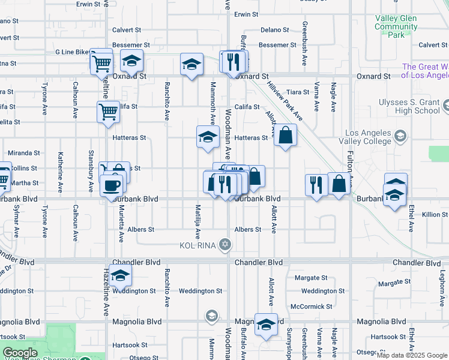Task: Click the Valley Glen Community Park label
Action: [396, 27]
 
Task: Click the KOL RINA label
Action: [197, 245]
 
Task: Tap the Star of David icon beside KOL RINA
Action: [225, 244]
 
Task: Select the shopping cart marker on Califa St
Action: [107, 110]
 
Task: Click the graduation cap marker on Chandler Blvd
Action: [121, 275]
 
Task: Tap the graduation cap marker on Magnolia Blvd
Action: [265, 323]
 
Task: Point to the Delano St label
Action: [275, 29]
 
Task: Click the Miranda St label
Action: [24, 153]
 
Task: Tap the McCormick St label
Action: [312, 306]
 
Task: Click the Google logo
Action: [20, 353]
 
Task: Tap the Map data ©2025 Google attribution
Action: [412, 355]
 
